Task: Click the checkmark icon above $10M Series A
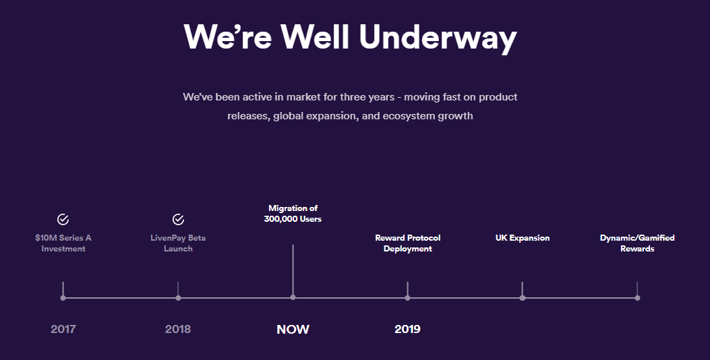(63, 220)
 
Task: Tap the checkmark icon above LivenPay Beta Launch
(178, 220)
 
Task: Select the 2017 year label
(63, 329)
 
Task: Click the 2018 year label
(178, 329)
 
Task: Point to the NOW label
(293, 329)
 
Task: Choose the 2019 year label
(407, 329)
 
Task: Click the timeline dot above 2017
(63, 298)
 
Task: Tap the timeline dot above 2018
(178, 298)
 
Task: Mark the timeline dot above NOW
(293, 297)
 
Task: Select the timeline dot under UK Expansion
(523, 298)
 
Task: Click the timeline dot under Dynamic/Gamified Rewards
(637, 298)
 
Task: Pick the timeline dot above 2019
(407, 298)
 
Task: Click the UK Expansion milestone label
(523, 238)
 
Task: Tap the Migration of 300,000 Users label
(293, 214)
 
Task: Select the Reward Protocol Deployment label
(407, 243)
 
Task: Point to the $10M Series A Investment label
(63, 243)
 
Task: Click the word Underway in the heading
(438, 37)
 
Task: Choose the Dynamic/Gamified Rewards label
(637, 243)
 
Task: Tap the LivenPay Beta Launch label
(178, 243)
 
